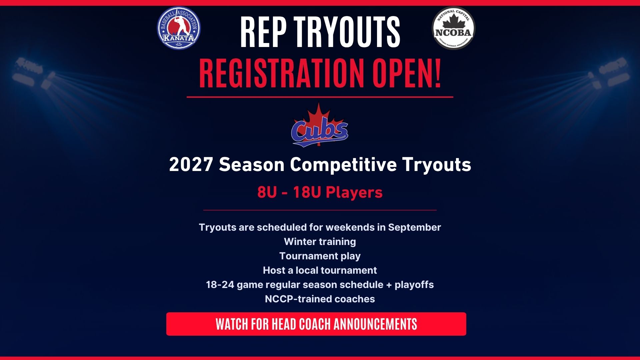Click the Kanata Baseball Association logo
pyautogui.click(x=179, y=28)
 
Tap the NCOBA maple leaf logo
pyautogui.click(x=453, y=28)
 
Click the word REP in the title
pyautogui.click(x=263, y=32)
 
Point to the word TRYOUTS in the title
pyautogui.click(x=347, y=32)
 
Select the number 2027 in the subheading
pyautogui.click(x=191, y=165)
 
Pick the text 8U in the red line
pyautogui.click(x=267, y=192)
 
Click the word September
pyautogui.click(x=414, y=228)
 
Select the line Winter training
pyautogui.click(x=320, y=242)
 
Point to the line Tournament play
pyautogui.click(x=320, y=256)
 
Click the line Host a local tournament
pyautogui.click(x=320, y=270)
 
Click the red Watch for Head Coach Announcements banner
pyautogui.click(x=316, y=324)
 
